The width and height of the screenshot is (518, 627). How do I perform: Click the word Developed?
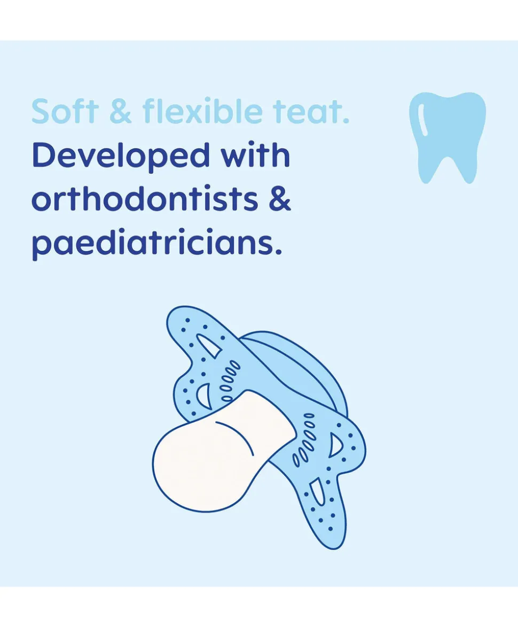tap(121, 157)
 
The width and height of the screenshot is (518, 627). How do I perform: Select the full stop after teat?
tap(346, 120)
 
